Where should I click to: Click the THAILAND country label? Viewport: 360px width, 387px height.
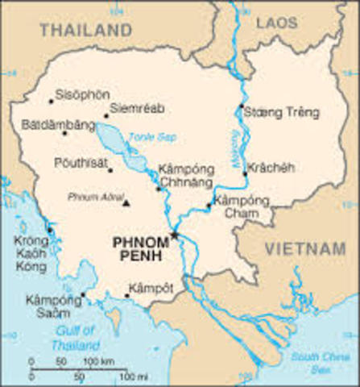pos(85,30)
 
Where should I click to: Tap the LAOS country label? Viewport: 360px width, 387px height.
pos(277,23)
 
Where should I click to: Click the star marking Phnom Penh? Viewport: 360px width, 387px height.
pos(173,235)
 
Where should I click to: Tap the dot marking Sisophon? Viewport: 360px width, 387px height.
pos(51,102)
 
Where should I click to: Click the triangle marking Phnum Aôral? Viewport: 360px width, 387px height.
pos(126,202)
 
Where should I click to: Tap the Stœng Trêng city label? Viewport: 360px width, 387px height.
pos(280,111)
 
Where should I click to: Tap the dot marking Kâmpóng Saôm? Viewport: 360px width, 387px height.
pos(82,294)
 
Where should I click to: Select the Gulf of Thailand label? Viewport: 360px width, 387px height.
pos(74,336)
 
